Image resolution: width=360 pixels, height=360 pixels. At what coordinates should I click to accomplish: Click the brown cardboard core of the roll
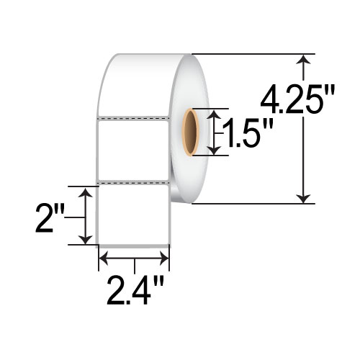tap(191, 132)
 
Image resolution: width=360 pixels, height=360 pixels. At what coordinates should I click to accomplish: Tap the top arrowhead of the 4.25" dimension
tap(306, 60)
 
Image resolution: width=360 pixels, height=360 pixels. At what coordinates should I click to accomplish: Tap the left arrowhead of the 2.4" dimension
tap(102, 256)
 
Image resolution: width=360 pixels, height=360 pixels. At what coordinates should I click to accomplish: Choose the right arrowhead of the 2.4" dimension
tap(165, 256)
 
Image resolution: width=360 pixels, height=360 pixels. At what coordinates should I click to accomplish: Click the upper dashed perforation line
tap(133, 117)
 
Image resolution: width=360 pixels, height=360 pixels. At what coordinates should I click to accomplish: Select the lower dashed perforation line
tap(133, 181)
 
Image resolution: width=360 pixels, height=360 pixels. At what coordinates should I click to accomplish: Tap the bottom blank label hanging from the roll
tap(133, 213)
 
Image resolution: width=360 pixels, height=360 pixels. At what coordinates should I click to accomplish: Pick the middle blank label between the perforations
tap(133, 148)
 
